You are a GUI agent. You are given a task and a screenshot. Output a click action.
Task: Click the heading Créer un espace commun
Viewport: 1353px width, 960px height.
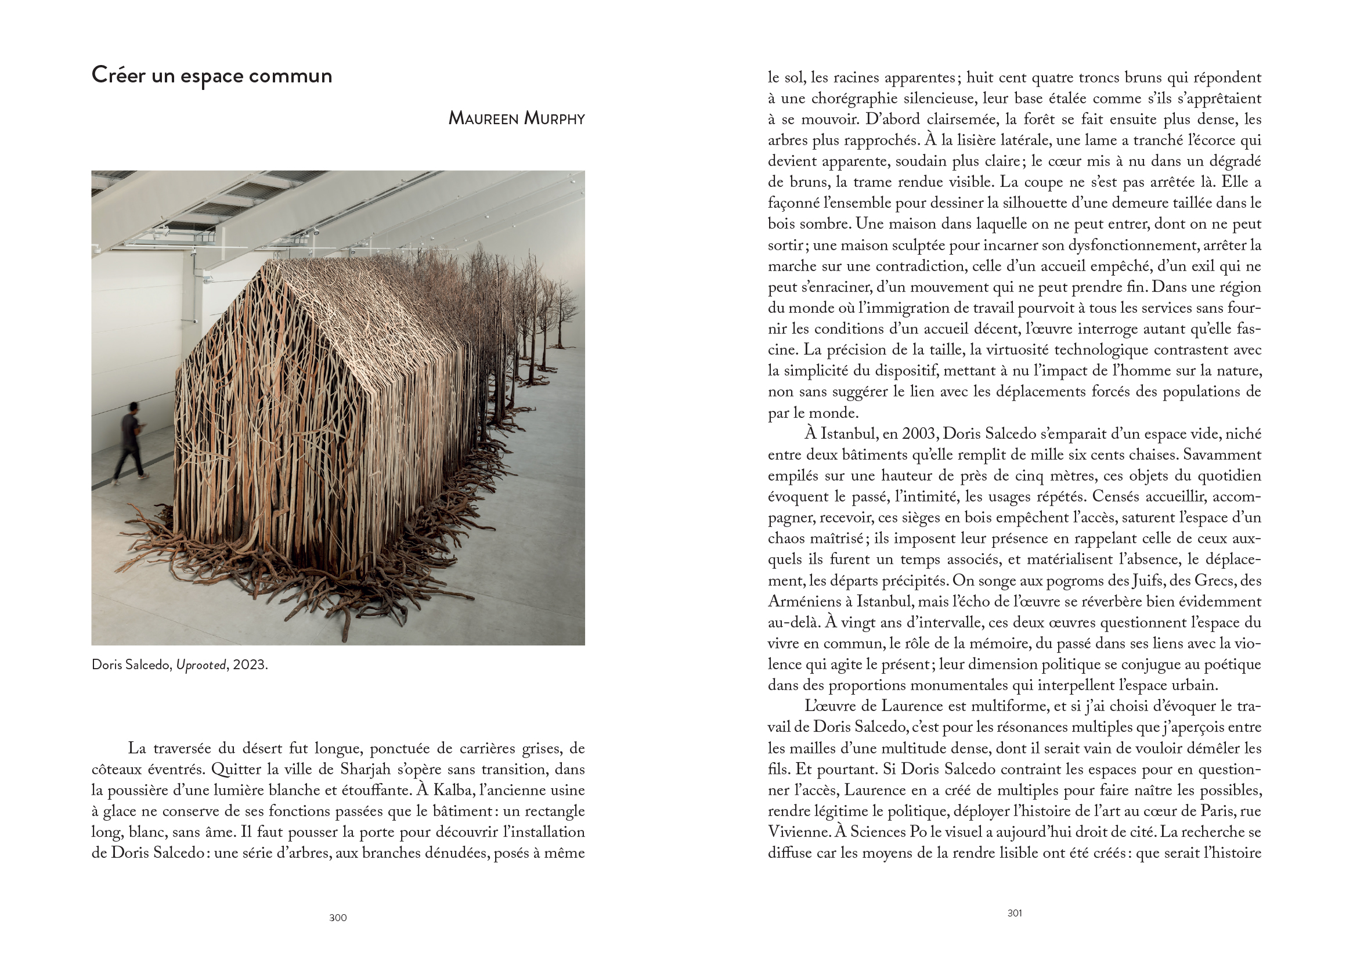212,75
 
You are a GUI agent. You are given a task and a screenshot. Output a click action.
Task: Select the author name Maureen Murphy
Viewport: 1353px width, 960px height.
516,118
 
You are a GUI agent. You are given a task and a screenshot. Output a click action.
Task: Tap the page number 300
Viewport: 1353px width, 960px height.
337,918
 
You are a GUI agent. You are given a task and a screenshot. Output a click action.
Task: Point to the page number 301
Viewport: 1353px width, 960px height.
1014,913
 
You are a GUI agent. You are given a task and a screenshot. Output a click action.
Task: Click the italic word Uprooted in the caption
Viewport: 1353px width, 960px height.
201,665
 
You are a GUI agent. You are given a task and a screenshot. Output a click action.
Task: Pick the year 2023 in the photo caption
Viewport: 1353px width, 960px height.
249,665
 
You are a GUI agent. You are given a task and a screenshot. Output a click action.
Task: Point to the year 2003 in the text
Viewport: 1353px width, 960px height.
919,434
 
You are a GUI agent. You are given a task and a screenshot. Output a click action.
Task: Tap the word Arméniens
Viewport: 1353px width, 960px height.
805,602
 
